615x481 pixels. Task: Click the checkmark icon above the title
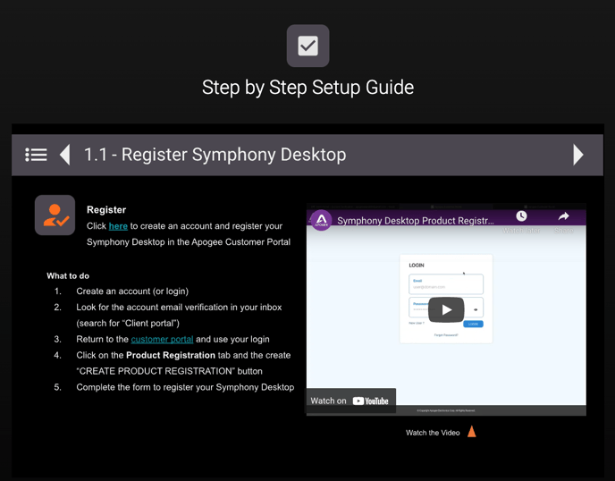click(x=307, y=46)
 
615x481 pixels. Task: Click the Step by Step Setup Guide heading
click(x=307, y=88)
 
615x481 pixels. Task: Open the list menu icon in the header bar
click(x=36, y=155)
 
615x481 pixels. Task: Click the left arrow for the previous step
click(x=64, y=155)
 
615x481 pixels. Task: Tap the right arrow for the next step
click(x=578, y=155)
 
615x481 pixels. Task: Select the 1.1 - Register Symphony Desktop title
click(x=215, y=155)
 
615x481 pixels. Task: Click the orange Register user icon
click(x=55, y=215)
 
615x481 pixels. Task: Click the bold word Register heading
click(x=106, y=209)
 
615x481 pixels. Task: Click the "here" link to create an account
click(x=118, y=226)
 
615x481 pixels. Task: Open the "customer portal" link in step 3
click(x=162, y=340)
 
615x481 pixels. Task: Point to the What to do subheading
click(x=68, y=275)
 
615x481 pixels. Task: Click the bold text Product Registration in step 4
click(x=170, y=355)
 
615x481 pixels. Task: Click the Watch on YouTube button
click(x=350, y=401)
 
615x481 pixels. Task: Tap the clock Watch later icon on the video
click(x=521, y=216)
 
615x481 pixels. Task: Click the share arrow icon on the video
click(x=563, y=216)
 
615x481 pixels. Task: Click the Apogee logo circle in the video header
click(x=321, y=220)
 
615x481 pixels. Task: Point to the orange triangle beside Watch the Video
click(x=472, y=432)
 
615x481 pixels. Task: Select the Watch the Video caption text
click(x=433, y=433)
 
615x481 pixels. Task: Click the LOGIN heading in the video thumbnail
click(x=417, y=266)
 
